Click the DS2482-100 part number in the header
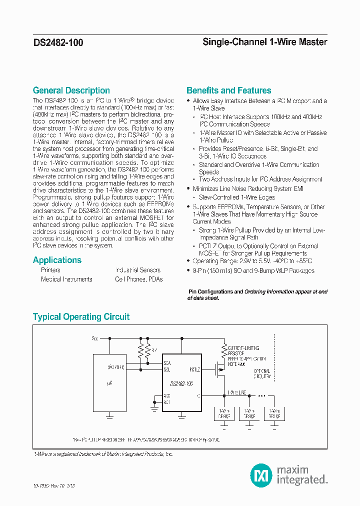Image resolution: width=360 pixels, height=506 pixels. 58,43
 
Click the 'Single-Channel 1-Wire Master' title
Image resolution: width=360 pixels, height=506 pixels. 264,42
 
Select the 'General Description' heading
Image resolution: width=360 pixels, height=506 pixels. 71,90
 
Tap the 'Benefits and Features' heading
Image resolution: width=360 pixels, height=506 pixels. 228,90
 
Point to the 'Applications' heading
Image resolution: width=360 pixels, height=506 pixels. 57,260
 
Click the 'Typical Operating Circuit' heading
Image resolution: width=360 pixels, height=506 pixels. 81,317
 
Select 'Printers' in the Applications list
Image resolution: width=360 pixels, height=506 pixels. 50,270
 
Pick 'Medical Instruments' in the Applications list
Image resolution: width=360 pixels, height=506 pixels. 66,279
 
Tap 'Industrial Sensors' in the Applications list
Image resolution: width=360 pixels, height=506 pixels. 138,270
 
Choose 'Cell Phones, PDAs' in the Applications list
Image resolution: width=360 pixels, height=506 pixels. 138,279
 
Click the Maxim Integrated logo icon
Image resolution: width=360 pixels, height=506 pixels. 260,473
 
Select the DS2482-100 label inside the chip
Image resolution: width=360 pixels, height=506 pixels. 182,383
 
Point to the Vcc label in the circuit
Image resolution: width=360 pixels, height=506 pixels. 95,338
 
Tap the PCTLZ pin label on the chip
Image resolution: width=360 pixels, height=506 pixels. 195,370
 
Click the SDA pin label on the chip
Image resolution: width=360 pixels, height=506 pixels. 167,363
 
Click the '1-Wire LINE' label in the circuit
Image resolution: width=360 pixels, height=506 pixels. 237,392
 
